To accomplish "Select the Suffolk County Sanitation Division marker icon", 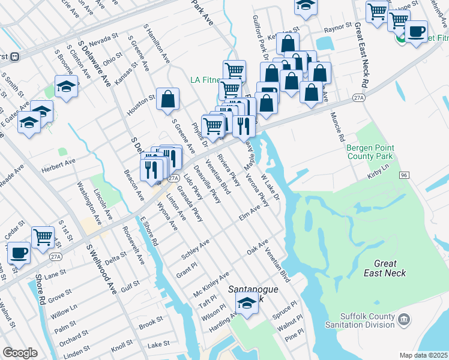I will pyautogui.click(x=405, y=318).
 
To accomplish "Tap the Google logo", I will pyautogui.click(x=20, y=352).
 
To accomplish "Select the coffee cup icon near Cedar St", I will pyautogui.click(x=19, y=253).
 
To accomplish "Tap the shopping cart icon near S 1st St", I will pyautogui.click(x=43, y=238).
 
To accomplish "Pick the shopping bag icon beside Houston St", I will pyautogui.click(x=168, y=99).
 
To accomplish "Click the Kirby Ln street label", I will pyautogui.click(x=378, y=173).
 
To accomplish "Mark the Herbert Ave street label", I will pyautogui.click(x=58, y=163).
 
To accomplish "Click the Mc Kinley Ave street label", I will pyautogui.click(x=211, y=283).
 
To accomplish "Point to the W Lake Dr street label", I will pyautogui.click(x=270, y=187).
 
